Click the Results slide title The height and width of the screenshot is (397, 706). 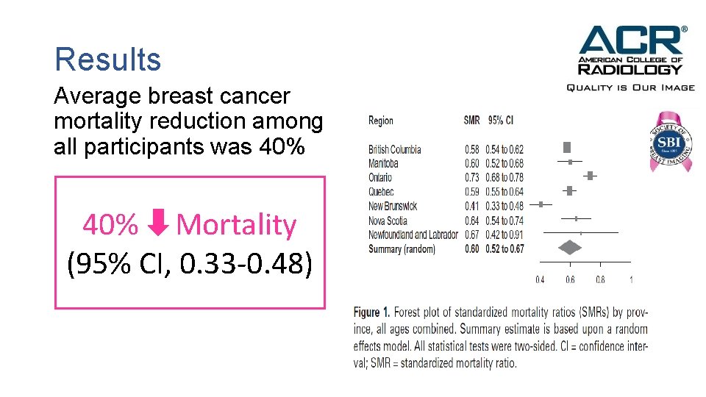107,60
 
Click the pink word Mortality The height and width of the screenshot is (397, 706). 236,225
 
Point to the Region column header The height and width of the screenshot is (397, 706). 381,121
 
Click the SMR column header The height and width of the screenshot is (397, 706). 471,121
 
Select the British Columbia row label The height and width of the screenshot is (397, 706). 395,149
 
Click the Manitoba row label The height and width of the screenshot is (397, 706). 383,163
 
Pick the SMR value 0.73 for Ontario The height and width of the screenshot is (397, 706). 471,177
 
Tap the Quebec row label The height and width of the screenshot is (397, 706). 381,192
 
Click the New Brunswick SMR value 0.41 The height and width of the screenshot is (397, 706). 471,206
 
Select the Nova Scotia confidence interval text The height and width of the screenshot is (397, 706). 504,221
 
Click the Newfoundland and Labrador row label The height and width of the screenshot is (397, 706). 413,235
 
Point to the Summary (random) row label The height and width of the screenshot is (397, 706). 402,249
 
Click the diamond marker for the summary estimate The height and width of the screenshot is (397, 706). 570,248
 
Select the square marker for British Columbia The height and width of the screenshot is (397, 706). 566,147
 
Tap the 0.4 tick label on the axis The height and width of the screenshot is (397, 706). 540,279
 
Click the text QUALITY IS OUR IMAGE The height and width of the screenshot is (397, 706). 630,87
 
